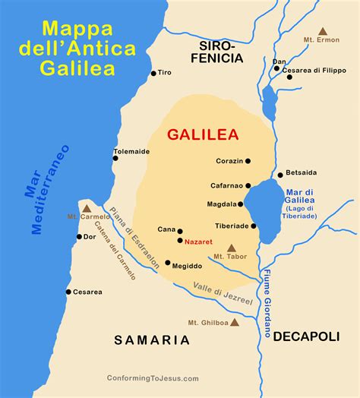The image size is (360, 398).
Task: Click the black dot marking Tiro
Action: [154, 73]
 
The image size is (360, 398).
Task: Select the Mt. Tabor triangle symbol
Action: [231, 247]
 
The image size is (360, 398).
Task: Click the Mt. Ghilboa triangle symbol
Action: [235, 322]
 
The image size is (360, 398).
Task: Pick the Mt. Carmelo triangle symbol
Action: [87, 207]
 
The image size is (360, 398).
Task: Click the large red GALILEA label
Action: [203, 134]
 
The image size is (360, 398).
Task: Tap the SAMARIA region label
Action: [152, 340]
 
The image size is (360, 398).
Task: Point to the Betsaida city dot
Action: [279, 175]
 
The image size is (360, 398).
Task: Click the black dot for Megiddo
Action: [168, 263]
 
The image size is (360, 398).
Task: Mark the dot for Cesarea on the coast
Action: [68, 292]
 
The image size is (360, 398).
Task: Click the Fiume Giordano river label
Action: [267, 295]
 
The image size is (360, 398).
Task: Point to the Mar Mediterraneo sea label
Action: [47, 188]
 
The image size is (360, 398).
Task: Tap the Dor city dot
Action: [78, 236]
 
